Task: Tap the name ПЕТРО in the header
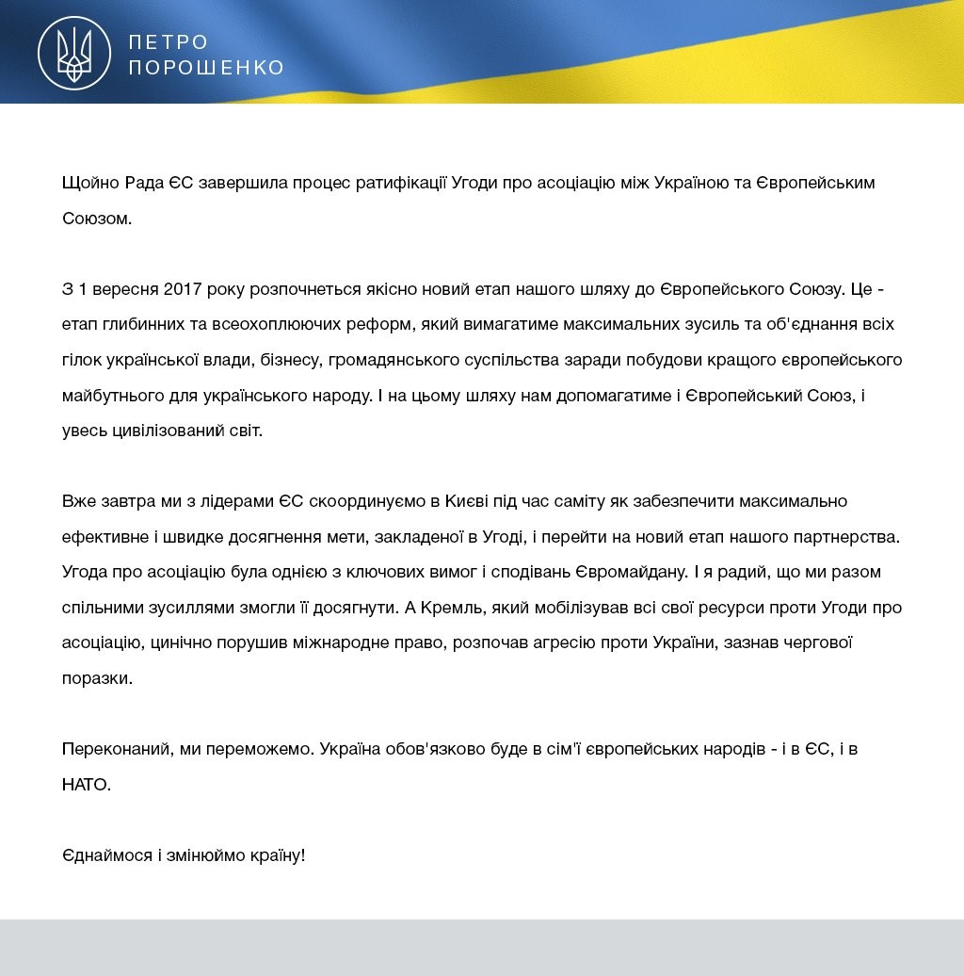coord(169,42)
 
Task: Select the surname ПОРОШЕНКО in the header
coord(206,68)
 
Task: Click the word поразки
coord(97,678)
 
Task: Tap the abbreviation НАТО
coord(86,785)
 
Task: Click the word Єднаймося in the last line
coord(106,856)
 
